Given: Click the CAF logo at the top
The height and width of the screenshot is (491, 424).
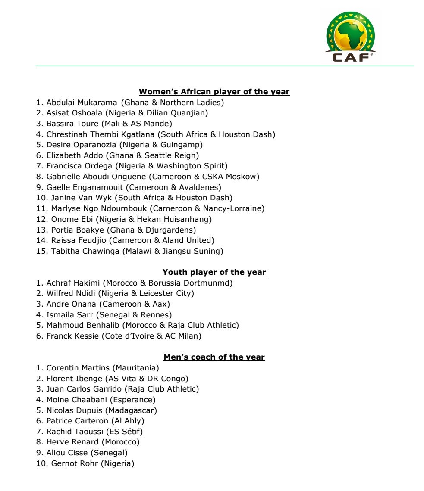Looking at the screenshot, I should click(350, 36).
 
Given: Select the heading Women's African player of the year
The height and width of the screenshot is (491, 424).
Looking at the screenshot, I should click(214, 92).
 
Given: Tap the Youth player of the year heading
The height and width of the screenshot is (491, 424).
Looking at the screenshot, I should click(214, 272).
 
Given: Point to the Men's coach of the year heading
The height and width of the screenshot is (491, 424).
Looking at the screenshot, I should click(214, 357).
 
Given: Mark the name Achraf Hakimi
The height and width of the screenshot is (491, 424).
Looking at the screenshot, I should click(73, 283).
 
